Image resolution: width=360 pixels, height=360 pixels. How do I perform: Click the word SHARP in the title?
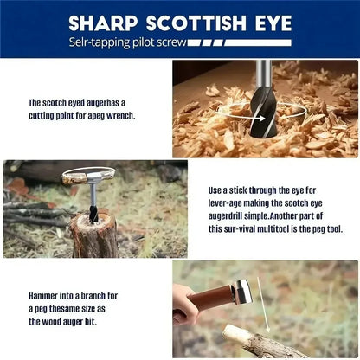(x=103, y=23)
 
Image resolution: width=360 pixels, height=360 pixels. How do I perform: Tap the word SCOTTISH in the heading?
(x=196, y=23)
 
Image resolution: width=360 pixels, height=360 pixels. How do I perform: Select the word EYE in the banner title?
(x=273, y=23)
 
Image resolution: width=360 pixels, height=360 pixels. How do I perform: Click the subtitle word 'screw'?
(x=171, y=42)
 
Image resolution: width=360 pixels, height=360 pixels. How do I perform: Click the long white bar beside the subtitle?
(x=258, y=42)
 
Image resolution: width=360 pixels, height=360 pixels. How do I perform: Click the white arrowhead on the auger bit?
(x=262, y=119)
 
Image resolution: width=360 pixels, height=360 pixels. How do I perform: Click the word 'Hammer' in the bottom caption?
(x=43, y=296)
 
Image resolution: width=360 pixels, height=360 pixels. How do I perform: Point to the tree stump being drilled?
(x=94, y=235)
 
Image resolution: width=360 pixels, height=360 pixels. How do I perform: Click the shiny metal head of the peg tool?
(x=242, y=292)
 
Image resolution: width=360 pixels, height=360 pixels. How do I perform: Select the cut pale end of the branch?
(x=231, y=331)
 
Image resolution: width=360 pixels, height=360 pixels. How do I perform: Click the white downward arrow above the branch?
(x=263, y=305)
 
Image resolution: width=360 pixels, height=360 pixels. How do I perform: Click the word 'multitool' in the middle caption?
(x=273, y=229)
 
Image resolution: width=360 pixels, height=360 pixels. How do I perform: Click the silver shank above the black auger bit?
(x=263, y=74)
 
